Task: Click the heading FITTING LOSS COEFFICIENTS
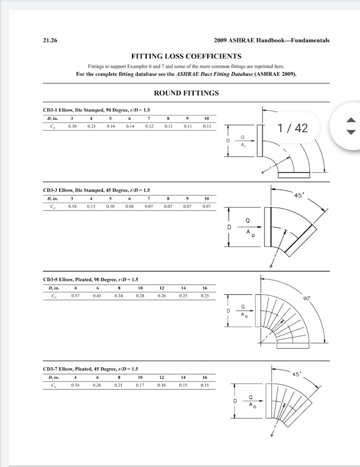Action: click(x=187, y=56)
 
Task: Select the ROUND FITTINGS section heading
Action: click(x=187, y=93)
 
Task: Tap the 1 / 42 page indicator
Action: click(x=292, y=128)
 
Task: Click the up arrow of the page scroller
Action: click(x=352, y=121)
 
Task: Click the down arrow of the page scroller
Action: click(x=352, y=132)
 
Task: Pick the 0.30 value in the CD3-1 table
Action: click(x=71, y=126)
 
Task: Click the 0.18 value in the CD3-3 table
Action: click(x=71, y=207)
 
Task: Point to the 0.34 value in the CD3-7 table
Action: click(x=76, y=385)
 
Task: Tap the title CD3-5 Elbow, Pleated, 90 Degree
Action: click(x=90, y=280)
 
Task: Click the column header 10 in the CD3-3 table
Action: click(x=206, y=199)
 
